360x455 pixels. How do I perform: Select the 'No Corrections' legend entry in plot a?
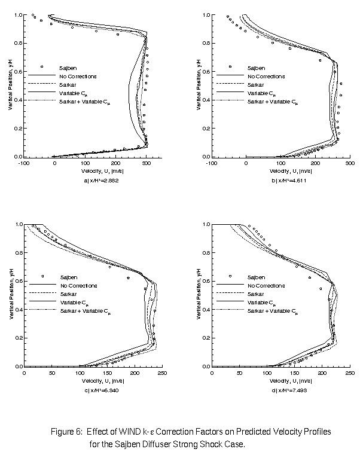point(77,77)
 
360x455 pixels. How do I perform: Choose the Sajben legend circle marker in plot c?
point(42,276)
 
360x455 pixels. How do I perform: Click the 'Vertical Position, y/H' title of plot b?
point(197,85)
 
